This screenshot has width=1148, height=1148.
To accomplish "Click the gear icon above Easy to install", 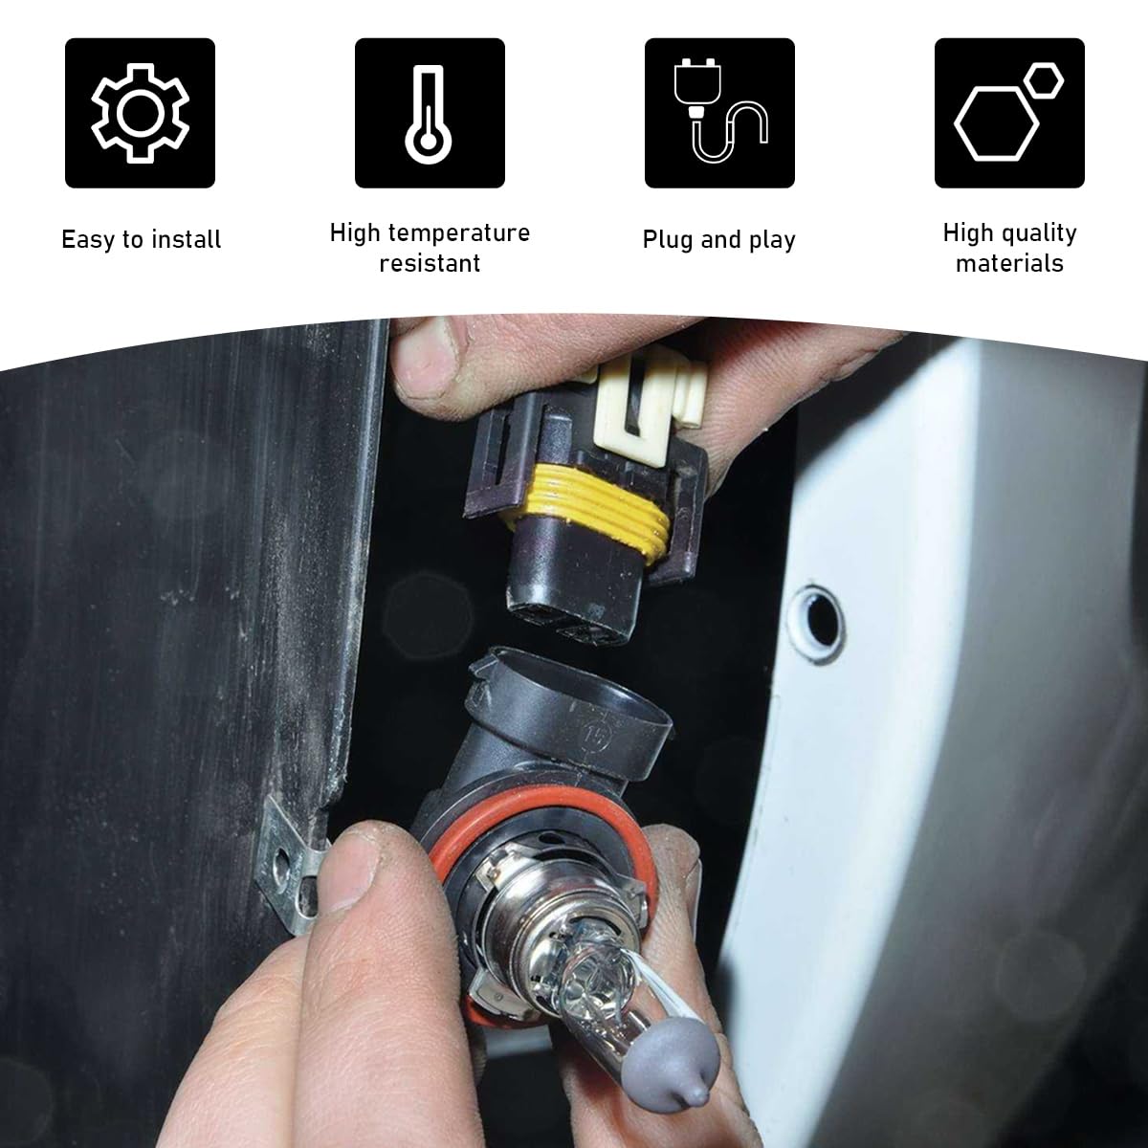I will tap(140, 113).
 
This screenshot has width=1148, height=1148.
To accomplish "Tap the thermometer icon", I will tap(430, 113).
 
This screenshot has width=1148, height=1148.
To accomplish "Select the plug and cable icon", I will tap(719, 113).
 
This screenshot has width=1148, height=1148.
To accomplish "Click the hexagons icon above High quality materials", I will tap(1009, 113).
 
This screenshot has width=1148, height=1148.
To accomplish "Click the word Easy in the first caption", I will tap(88, 240).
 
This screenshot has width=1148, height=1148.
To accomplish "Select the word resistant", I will tap(430, 264).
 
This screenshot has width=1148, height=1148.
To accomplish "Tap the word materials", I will tap(1009, 264).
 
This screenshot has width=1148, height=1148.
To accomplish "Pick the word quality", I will tap(1037, 233).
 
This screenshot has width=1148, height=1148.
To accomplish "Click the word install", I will tap(187, 240).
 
